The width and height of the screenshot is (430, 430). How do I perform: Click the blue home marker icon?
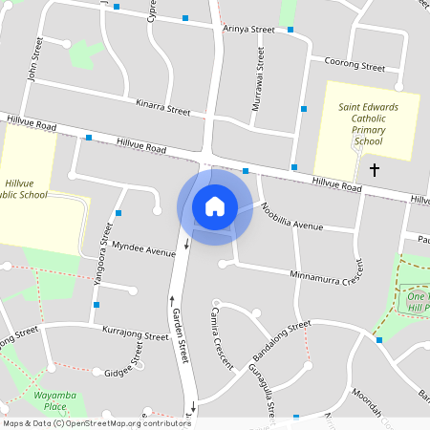pyautogui.click(x=215, y=206)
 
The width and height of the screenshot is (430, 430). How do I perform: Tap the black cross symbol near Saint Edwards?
pyautogui.click(x=374, y=170)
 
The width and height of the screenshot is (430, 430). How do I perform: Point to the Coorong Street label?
pyautogui.click(x=355, y=68)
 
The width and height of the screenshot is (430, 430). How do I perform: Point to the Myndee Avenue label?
pyautogui.click(x=144, y=249)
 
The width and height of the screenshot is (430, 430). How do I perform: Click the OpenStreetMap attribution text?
pyautogui.click(x=97, y=422)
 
